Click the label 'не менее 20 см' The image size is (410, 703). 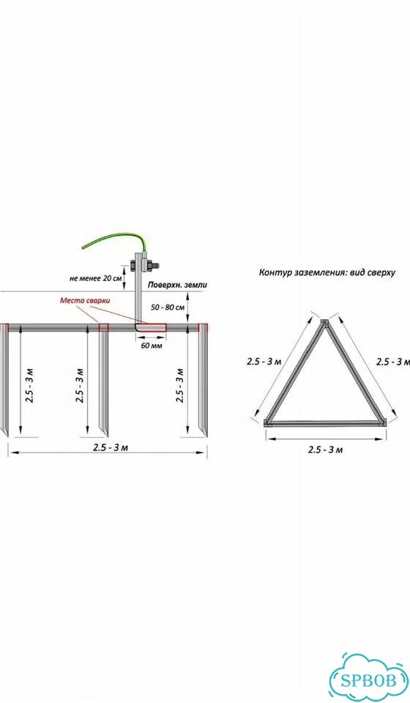pyautogui.click(x=95, y=278)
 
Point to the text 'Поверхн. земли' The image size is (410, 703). pyautogui.click(x=178, y=285)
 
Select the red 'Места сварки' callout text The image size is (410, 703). pyautogui.click(x=85, y=300)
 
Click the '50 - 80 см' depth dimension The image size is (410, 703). pyautogui.click(x=168, y=308)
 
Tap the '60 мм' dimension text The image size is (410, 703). pyautogui.click(x=152, y=346)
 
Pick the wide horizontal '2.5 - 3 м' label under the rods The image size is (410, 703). pyautogui.click(x=111, y=447)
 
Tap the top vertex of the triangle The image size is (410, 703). pyautogui.click(x=325, y=320)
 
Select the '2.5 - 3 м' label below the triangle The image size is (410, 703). pyautogui.click(x=325, y=450)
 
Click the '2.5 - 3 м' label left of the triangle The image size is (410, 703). pyautogui.click(x=264, y=361)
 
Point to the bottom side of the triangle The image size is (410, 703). pyautogui.click(x=325, y=423)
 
